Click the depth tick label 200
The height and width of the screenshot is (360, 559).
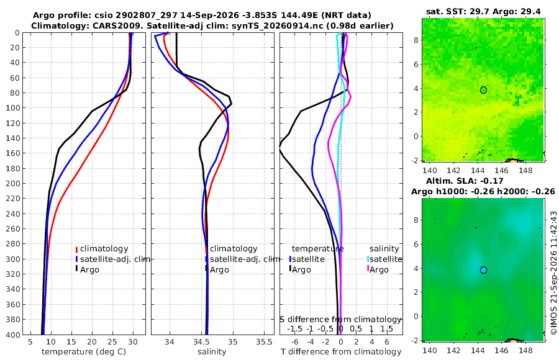(x=13, y=183)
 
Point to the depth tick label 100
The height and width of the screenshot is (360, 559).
(x=13, y=107)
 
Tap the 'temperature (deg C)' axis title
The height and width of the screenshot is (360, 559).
(x=84, y=352)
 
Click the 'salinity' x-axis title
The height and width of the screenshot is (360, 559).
(x=212, y=352)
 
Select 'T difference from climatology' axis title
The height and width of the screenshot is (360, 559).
(x=341, y=352)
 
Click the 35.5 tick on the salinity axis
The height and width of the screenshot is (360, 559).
(x=264, y=342)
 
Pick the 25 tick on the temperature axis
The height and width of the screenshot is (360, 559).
(x=112, y=342)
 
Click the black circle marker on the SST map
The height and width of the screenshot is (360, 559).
(x=483, y=90)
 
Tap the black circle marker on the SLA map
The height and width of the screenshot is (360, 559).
(x=483, y=270)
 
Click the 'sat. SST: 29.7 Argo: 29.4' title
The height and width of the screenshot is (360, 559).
(x=483, y=12)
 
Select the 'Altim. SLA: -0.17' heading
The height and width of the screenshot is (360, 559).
(x=465, y=181)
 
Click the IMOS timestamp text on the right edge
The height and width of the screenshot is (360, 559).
(x=553, y=272)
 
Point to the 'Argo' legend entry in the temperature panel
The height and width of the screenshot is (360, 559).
(x=87, y=269)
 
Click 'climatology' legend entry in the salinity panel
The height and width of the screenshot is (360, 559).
(x=232, y=249)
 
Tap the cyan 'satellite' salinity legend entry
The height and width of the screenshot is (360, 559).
(x=384, y=259)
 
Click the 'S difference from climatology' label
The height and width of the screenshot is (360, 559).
(x=341, y=320)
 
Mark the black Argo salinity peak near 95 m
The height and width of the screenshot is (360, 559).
(x=232, y=104)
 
